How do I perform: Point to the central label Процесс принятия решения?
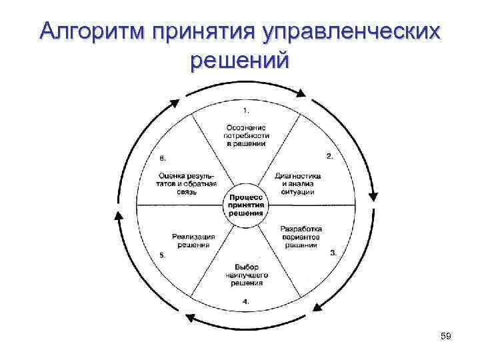[x=246, y=205]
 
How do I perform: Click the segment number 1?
[x=246, y=109]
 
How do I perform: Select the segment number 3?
[x=333, y=253]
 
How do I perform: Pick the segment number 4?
[x=246, y=301]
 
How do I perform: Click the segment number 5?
[x=162, y=254]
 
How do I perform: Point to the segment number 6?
[x=163, y=158]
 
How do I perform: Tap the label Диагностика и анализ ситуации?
[x=297, y=183]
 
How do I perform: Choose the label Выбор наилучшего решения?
[x=246, y=274]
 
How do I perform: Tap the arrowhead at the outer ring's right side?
[x=373, y=196]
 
